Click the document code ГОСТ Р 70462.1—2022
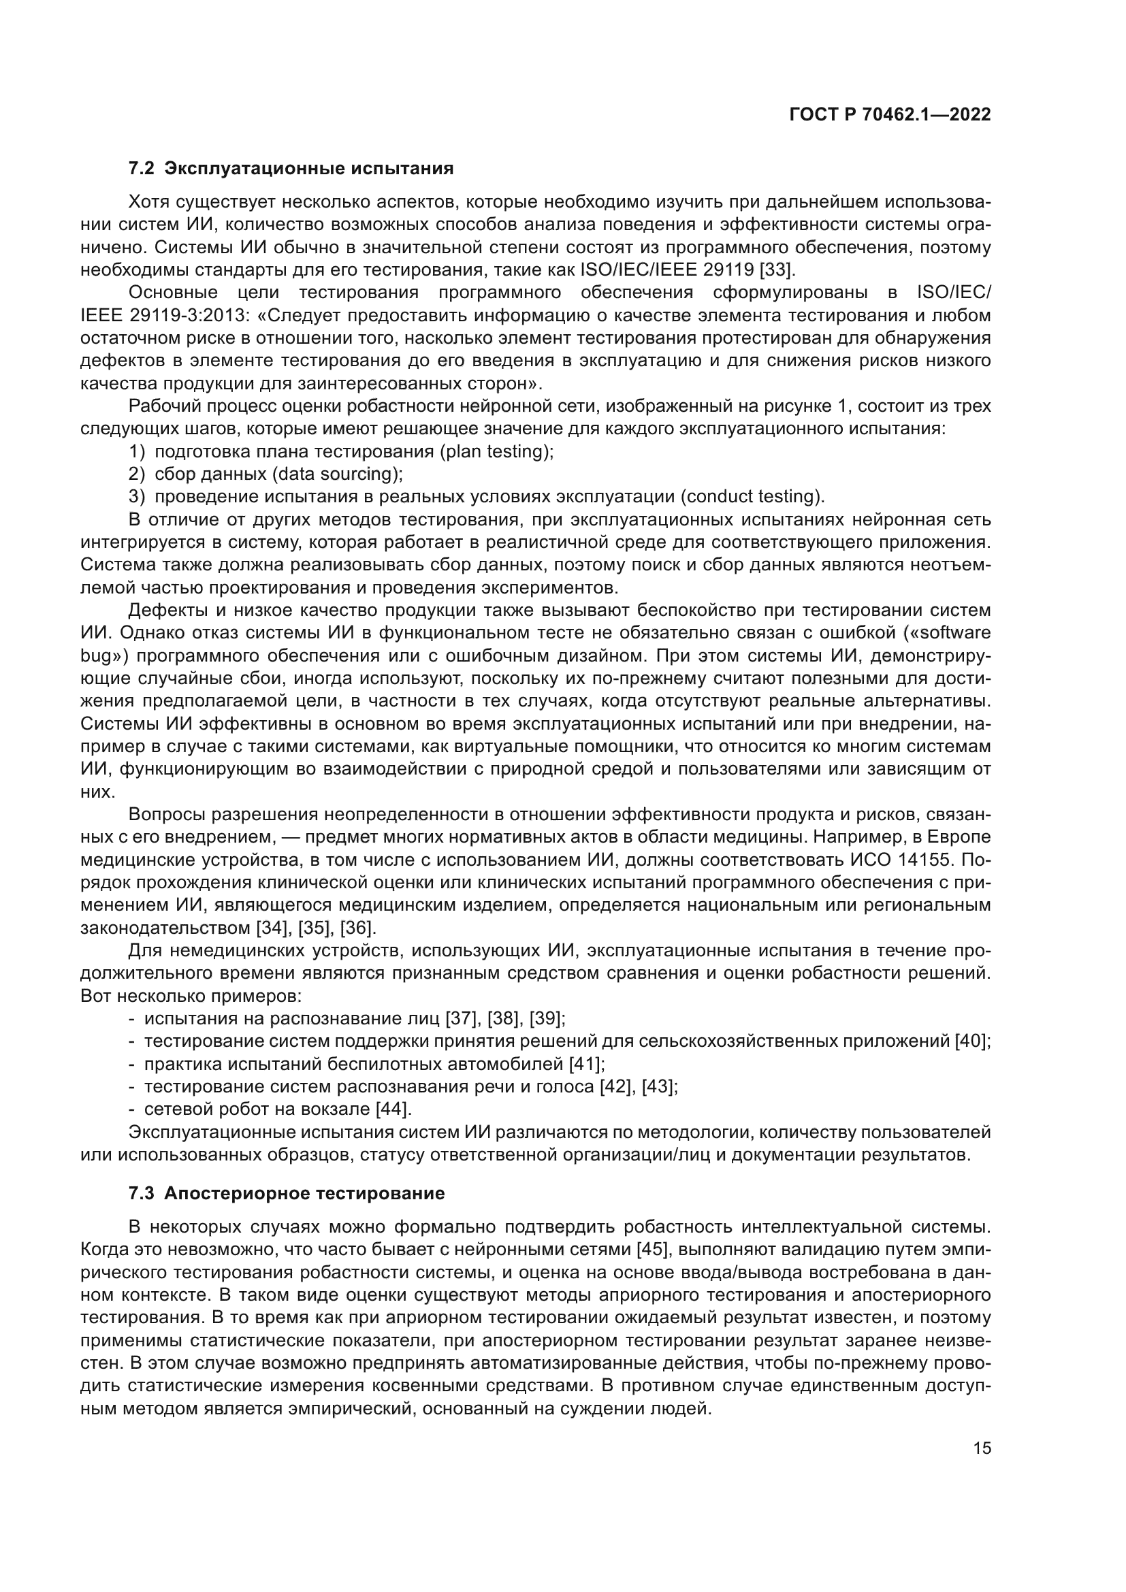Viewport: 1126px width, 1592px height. [x=890, y=115]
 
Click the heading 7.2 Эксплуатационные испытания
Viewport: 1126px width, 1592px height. [x=291, y=169]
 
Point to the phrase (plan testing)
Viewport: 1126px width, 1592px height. [x=496, y=451]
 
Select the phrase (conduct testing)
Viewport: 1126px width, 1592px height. [x=752, y=496]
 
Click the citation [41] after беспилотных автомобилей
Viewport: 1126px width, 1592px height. [x=587, y=1064]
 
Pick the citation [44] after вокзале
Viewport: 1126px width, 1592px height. [x=393, y=1109]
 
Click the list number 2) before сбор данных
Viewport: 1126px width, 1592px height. [x=138, y=474]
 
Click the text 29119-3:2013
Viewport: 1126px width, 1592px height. [x=189, y=316]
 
